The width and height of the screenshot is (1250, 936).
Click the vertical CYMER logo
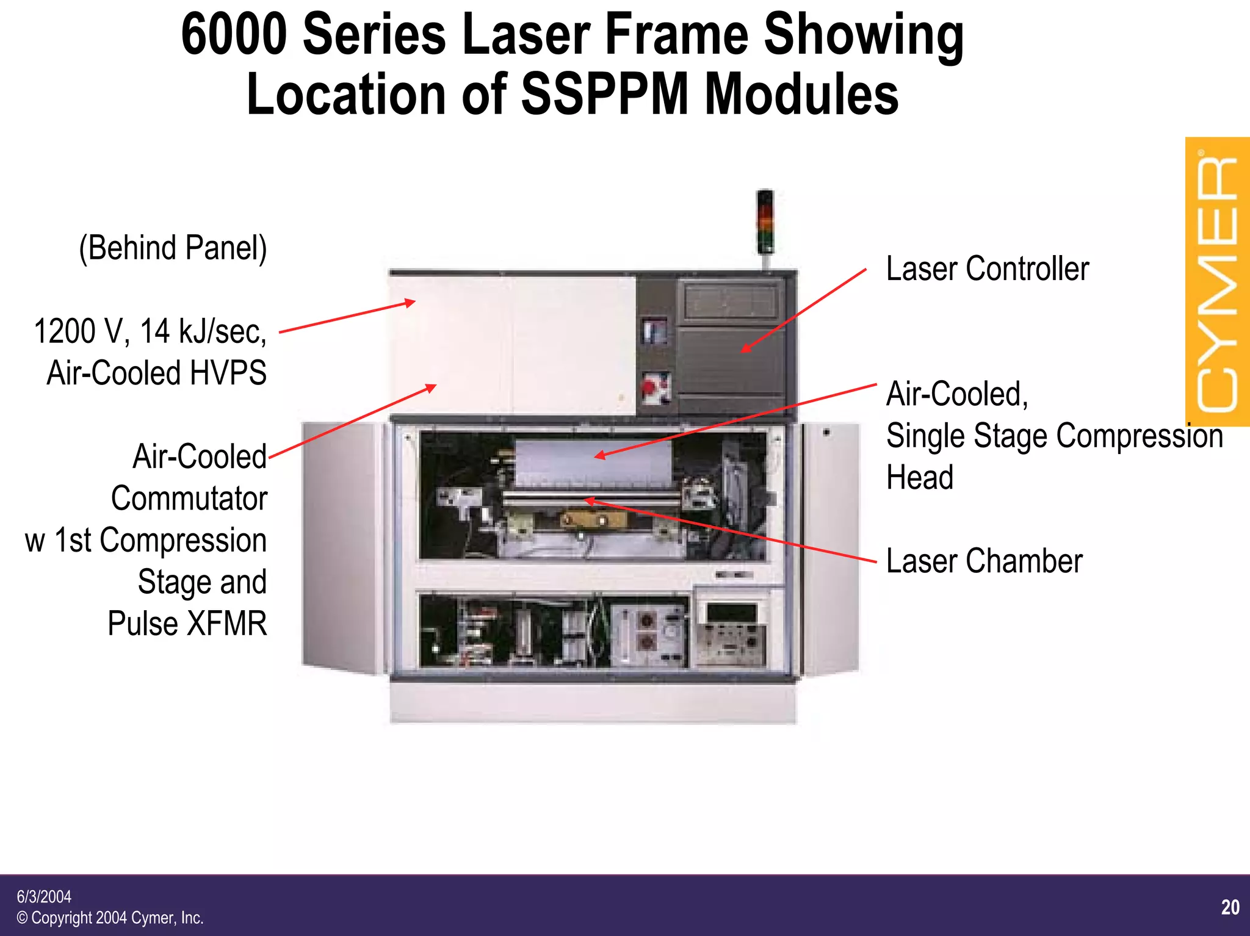1217,282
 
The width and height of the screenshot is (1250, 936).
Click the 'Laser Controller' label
987,269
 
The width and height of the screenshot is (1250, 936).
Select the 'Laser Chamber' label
984,561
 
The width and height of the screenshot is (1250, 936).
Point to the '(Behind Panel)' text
173,248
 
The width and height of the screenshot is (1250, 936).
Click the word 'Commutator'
189,499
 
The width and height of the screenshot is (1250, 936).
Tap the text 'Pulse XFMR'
187,624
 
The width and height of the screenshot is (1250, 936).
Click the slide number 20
1230,907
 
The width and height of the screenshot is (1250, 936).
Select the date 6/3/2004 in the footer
44,896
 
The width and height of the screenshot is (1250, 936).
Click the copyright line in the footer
110,918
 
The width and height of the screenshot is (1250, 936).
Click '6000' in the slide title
234,35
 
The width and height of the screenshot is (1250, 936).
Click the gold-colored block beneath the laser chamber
594,520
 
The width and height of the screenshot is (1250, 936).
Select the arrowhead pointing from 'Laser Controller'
745,350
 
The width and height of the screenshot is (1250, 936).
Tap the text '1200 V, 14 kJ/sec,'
150,331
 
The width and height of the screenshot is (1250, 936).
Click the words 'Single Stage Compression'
1054,436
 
